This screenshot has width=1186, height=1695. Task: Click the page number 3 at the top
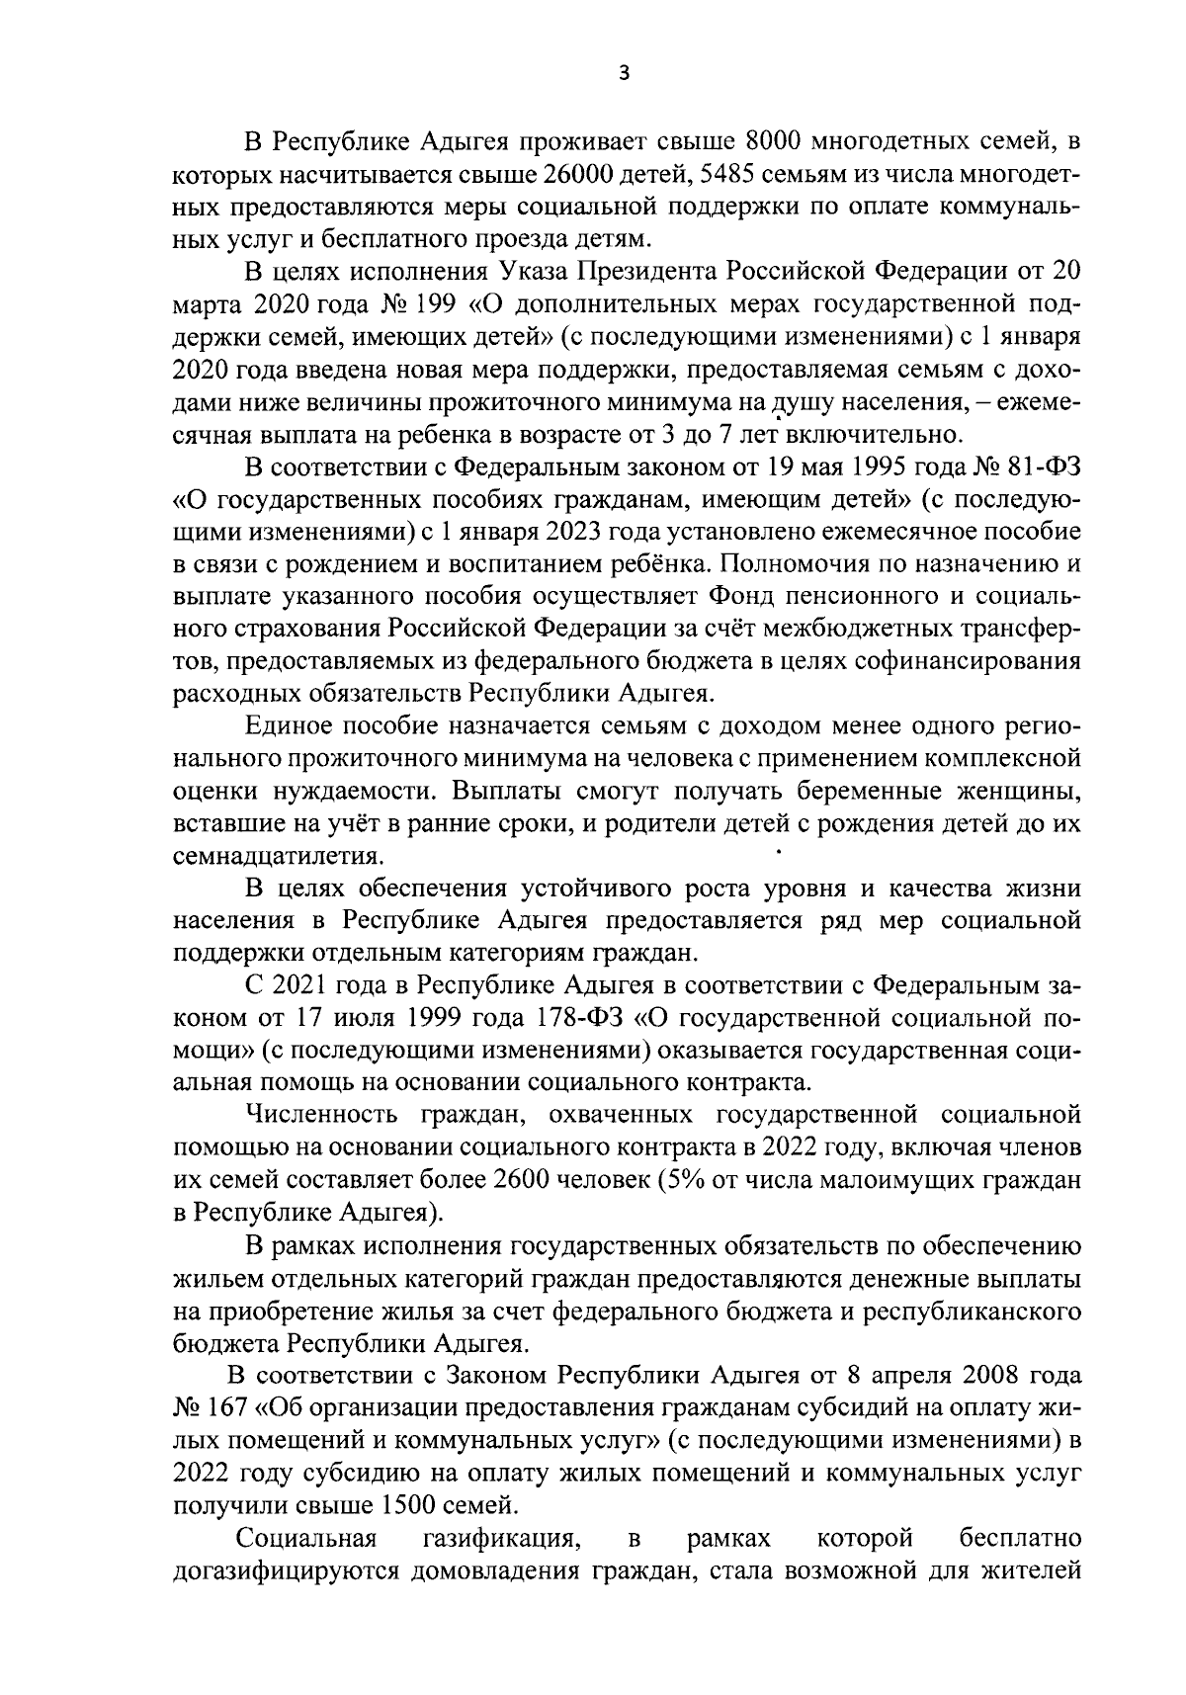[623, 72]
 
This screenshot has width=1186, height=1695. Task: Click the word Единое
[288, 726]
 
